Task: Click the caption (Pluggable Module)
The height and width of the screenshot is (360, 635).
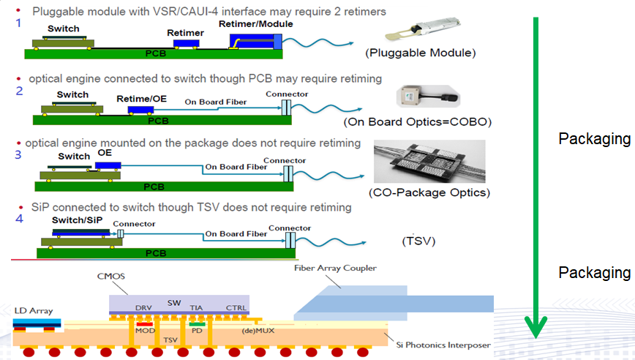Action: pyautogui.click(x=421, y=53)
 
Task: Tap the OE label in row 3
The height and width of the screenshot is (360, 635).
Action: pyautogui.click(x=105, y=154)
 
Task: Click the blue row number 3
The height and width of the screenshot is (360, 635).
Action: pyautogui.click(x=18, y=154)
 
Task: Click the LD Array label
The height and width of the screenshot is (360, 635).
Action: pyautogui.click(x=34, y=311)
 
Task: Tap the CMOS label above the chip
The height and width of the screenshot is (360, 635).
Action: pyautogui.click(x=111, y=276)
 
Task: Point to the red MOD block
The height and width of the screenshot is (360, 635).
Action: pyautogui.click(x=143, y=325)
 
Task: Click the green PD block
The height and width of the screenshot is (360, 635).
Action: pyautogui.click(x=196, y=324)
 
